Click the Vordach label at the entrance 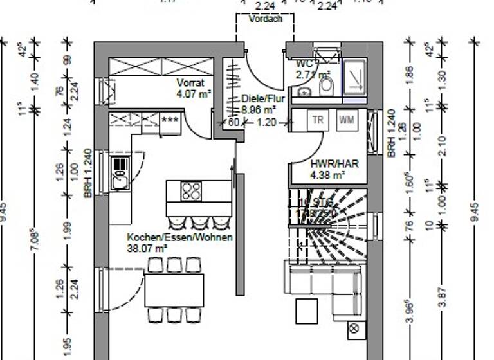tap(265, 19)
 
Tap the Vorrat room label tap(190, 83)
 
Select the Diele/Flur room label tap(262, 99)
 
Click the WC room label tap(304, 64)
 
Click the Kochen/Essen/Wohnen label tap(179, 237)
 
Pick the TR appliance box tap(318, 120)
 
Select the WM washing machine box tap(346, 120)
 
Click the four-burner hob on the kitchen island tap(191, 191)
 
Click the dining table tap(174, 290)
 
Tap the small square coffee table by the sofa tap(307, 311)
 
